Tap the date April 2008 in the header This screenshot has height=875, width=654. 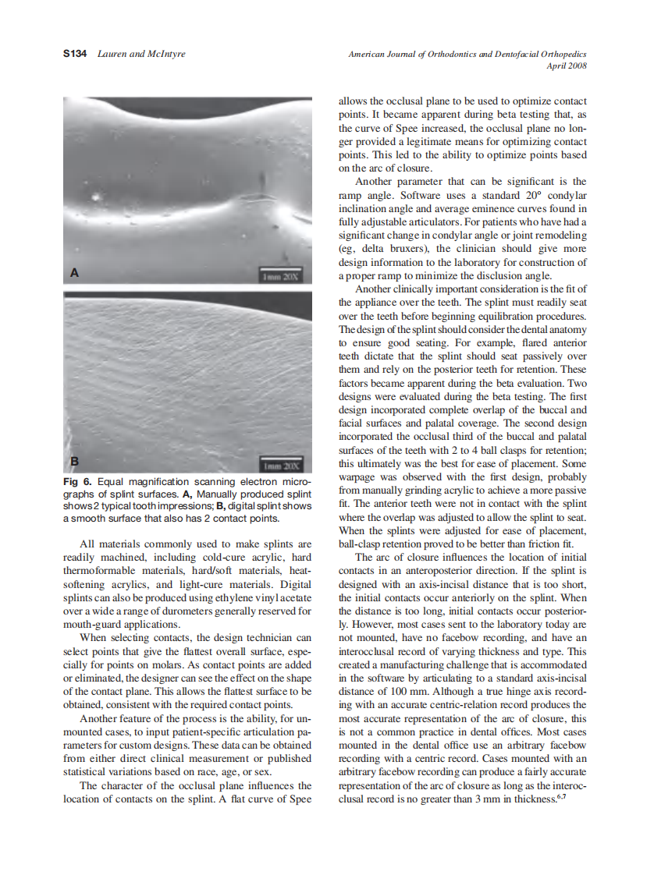(566, 66)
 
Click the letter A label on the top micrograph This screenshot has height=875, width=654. (74, 273)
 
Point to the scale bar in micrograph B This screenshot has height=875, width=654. (284, 466)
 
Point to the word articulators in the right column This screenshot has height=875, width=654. (417, 222)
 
